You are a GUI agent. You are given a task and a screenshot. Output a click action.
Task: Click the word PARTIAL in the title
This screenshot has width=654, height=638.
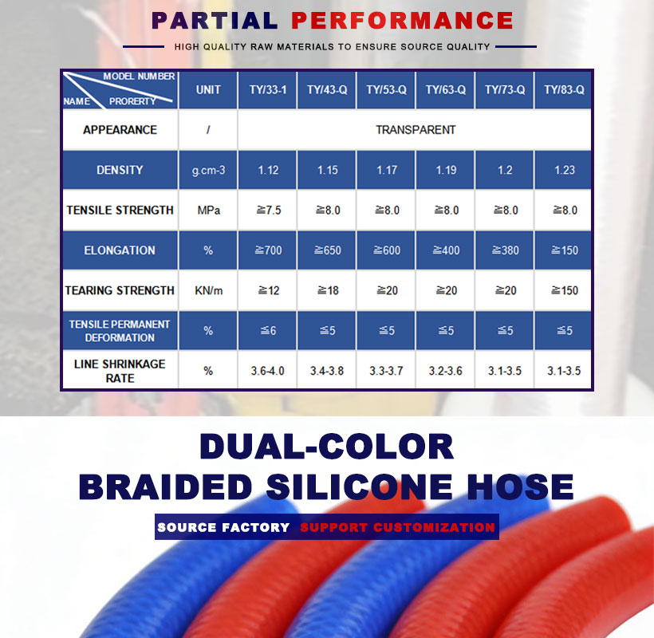pyautogui.click(x=215, y=21)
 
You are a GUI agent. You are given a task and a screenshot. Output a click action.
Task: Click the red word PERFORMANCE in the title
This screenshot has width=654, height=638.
pyautogui.click(x=402, y=21)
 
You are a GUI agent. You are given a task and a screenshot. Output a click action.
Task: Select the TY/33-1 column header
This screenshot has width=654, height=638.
pyautogui.click(x=268, y=89)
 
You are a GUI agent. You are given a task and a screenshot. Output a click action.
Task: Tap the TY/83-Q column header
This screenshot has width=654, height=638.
pyautogui.click(x=564, y=89)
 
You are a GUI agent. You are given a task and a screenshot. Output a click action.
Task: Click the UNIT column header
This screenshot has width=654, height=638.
pyautogui.click(x=208, y=89)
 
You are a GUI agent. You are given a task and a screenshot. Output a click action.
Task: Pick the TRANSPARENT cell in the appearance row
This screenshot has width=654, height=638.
pyautogui.click(x=416, y=130)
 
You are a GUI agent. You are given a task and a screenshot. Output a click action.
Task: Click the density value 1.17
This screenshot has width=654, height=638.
pyautogui.click(x=387, y=170)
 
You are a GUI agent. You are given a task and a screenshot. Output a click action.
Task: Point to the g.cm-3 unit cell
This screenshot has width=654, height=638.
pyautogui.click(x=208, y=170)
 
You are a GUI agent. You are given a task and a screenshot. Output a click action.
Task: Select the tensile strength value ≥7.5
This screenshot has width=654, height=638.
pyautogui.click(x=268, y=211)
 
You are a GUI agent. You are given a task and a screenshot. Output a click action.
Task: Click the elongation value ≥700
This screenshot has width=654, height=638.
pyautogui.click(x=268, y=250)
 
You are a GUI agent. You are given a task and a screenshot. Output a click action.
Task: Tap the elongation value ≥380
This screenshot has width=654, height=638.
pyautogui.click(x=505, y=250)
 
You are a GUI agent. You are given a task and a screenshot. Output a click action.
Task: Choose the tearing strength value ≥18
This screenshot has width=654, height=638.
pyautogui.click(x=328, y=290)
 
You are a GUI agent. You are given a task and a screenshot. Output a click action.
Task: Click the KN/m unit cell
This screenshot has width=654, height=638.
pyautogui.click(x=208, y=290)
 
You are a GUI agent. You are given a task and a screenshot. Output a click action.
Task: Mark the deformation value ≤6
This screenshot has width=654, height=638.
pyautogui.click(x=268, y=331)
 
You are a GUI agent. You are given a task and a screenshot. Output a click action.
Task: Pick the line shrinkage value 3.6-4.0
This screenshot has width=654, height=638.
pyautogui.click(x=267, y=371)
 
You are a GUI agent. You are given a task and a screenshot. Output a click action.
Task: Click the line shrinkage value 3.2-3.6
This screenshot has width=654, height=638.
pyautogui.click(x=446, y=371)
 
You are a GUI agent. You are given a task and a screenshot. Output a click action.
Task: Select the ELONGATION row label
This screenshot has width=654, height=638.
pyautogui.click(x=120, y=250)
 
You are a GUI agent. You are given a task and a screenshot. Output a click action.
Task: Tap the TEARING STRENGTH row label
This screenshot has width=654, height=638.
pyautogui.click(x=120, y=290)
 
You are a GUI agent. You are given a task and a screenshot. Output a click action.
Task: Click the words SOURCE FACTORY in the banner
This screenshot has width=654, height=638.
pyautogui.click(x=223, y=527)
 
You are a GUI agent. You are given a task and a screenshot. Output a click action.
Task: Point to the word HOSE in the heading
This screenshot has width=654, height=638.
pyautogui.click(x=520, y=486)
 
